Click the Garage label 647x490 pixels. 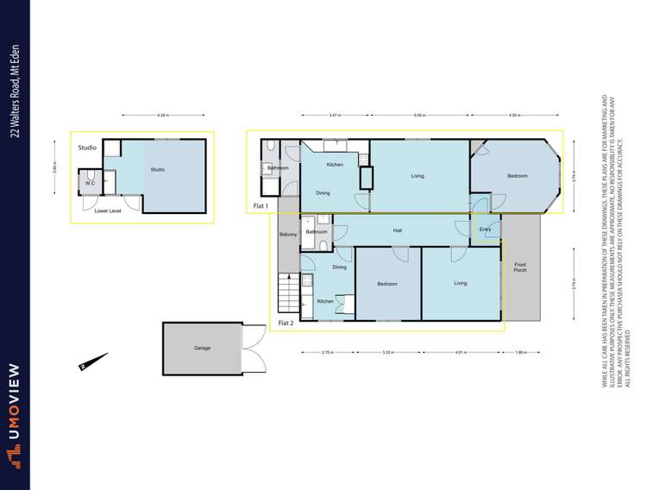coord(202,348)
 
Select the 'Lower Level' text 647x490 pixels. coord(107,210)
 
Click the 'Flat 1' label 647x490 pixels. coord(261,206)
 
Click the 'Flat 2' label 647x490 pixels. coord(286,324)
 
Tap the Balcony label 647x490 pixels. coord(288,235)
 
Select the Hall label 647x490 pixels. coord(398,229)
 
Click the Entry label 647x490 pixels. coord(486,229)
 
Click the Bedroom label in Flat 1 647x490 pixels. coord(517,176)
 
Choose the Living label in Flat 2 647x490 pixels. coord(461,282)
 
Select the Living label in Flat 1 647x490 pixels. coord(418,176)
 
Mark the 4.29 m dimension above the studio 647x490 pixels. coord(163,115)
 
